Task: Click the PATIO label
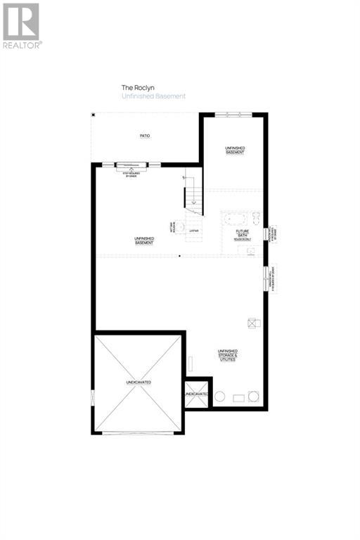(145, 136)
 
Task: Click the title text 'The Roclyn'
(133, 88)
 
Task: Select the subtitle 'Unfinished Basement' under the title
(153, 96)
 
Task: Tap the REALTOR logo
(21, 25)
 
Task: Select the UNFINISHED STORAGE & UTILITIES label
(228, 354)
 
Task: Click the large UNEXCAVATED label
(139, 382)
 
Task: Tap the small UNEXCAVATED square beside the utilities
(197, 395)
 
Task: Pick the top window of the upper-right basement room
(231, 115)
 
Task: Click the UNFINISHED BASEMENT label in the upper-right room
(235, 150)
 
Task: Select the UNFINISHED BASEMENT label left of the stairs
(144, 240)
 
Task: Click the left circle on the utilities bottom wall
(219, 397)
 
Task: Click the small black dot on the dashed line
(179, 257)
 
